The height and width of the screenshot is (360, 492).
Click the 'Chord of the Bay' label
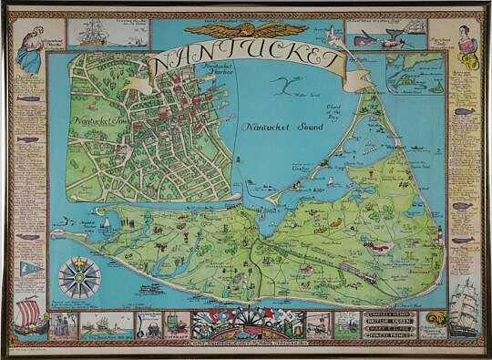(333, 113)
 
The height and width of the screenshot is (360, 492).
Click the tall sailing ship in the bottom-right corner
(465, 310)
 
